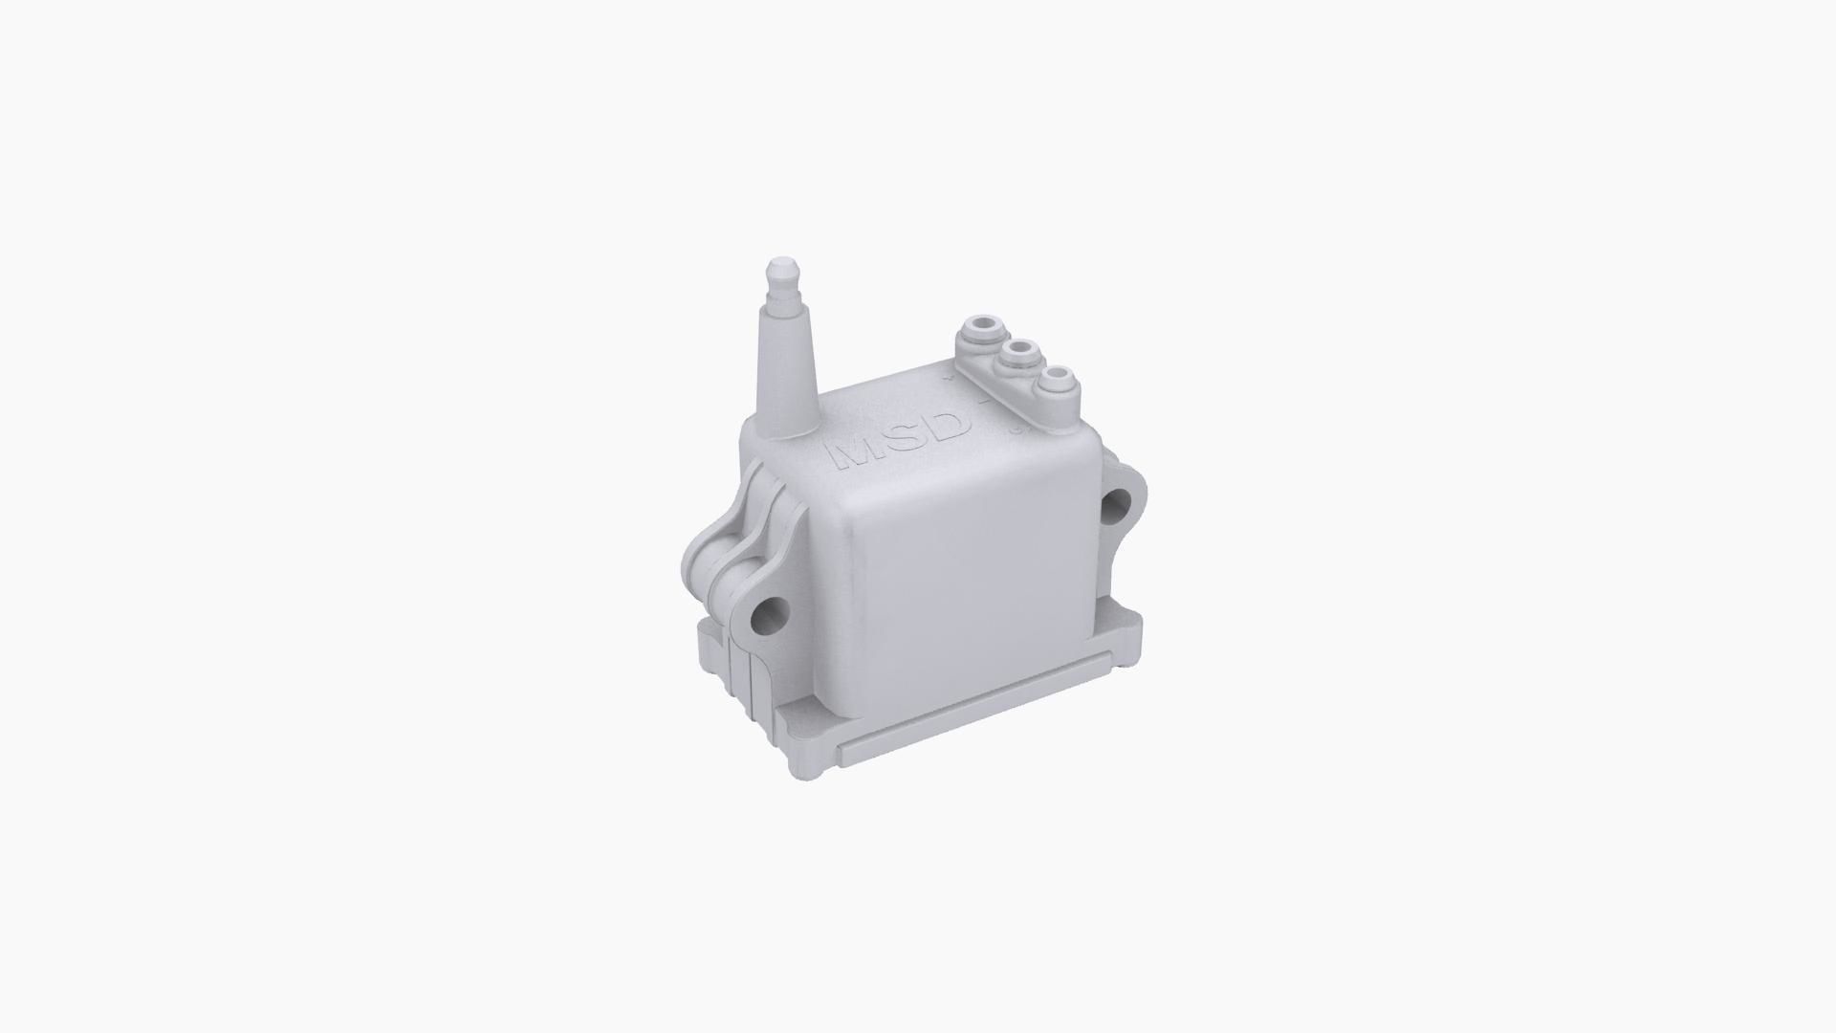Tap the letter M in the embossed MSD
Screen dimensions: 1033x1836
854,452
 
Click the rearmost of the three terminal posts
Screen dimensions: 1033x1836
977,331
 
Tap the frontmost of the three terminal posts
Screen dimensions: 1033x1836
1058,380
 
